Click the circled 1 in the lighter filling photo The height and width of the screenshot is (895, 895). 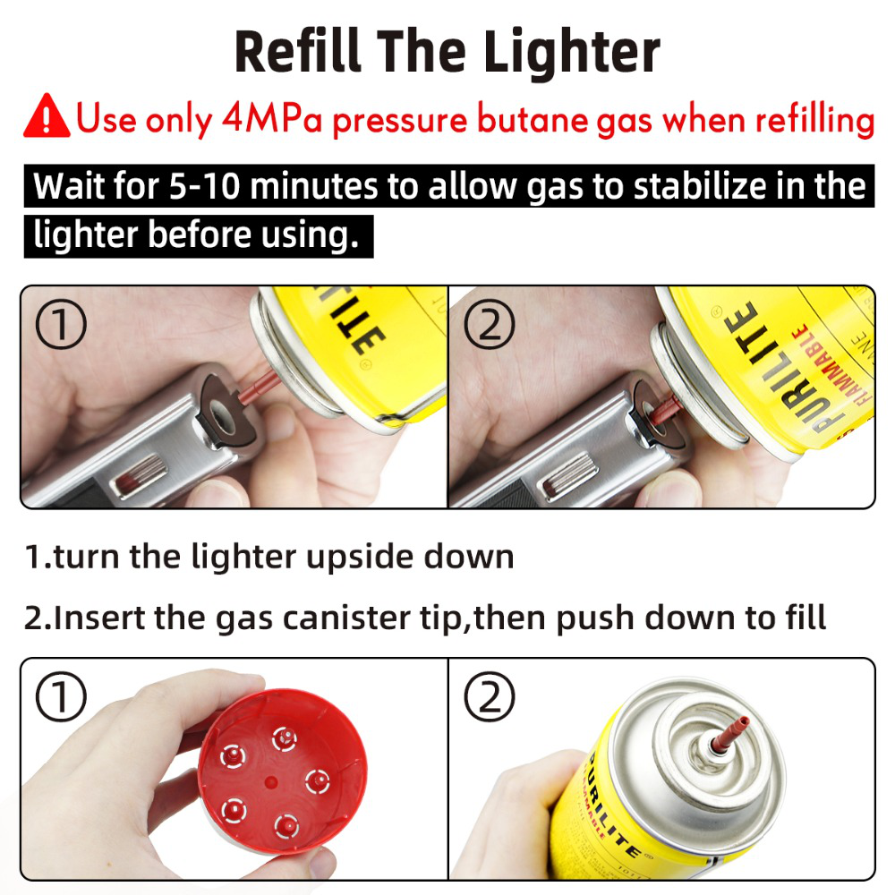[61, 325]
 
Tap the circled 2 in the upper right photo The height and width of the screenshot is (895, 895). [489, 325]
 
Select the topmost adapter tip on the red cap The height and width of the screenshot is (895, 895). [286, 736]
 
